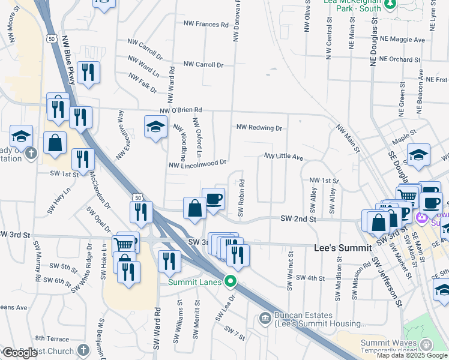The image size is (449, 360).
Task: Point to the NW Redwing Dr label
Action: click(259, 128)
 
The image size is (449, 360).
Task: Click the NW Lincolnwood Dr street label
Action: click(197, 163)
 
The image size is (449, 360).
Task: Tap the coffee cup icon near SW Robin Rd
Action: click(213, 199)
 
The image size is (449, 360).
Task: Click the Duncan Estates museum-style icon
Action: click(265, 318)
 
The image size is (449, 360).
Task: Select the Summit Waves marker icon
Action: click(426, 344)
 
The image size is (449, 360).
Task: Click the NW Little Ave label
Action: click(285, 157)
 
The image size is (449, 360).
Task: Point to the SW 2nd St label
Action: click(298, 220)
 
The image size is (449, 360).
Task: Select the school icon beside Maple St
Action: click(418, 154)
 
